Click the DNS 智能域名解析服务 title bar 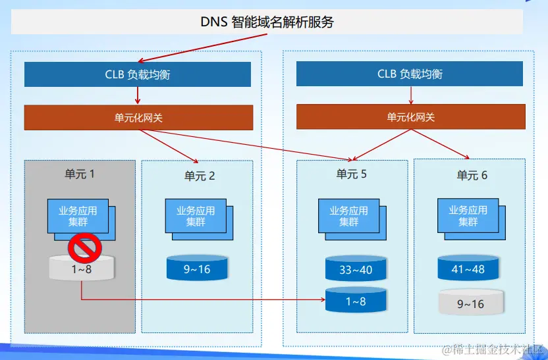point(267,22)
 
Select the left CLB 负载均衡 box point(138,74)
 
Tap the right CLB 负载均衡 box point(410,74)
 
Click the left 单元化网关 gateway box point(138,117)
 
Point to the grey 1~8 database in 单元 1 point(80,269)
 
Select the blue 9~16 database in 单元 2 point(197,269)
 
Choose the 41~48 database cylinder point(468,269)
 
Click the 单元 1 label point(80,174)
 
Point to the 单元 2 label point(200,176)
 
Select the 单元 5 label point(351,174)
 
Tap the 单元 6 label point(472,175)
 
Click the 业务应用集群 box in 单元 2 point(196,216)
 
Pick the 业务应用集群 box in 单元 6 point(468,215)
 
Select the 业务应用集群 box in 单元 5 point(348,216)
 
